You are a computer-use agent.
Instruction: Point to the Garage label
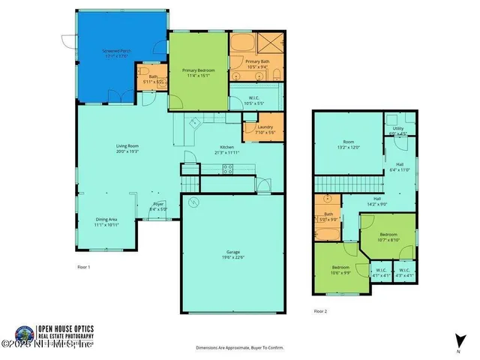coord(232,254)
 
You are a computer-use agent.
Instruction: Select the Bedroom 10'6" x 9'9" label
coord(341,270)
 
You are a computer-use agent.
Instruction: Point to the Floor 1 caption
coord(84,267)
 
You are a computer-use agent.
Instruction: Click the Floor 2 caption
coord(320,310)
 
